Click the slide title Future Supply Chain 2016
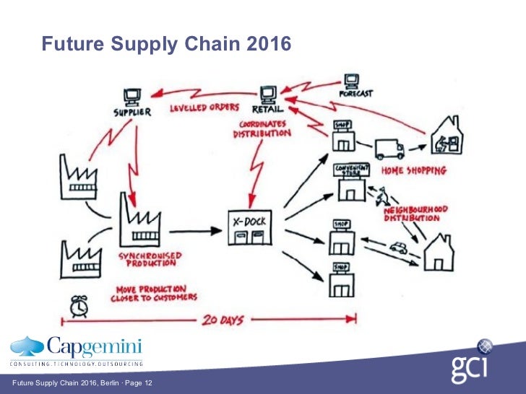(x=166, y=45)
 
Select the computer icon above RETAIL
(x=268, y=93)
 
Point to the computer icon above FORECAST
(x=352, y=80)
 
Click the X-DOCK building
(x=249, y=229)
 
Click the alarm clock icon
(x=79, y=305)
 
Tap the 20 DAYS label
(x=223, y=318)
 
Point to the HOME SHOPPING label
(x=414, y=171)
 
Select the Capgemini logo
(x=76, y=350)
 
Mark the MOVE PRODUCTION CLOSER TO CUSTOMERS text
(x=154, y=292)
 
